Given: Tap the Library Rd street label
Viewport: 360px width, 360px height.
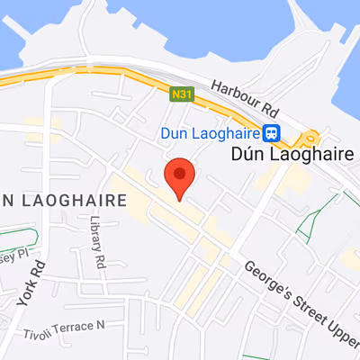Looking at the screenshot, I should point(95,241).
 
